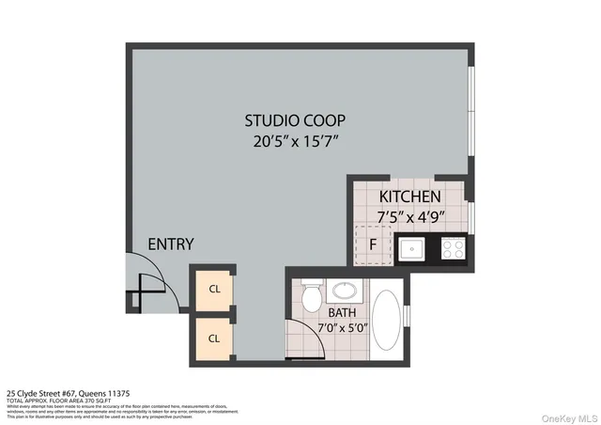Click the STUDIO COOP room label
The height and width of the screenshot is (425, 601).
pyautogui.click(x=295, y=120)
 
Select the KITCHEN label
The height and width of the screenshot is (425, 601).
pyautogui.click(x=409, y=197)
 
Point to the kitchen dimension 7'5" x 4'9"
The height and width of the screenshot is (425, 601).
pyautogui.click(x=409, y=215)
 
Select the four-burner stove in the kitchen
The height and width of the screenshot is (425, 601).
pyautogui.click(x=453, y=249)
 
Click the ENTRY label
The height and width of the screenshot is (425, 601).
pyautogui.click(x=171, y=244)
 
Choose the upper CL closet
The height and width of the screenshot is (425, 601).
pyautogui.click(x=214, y=290)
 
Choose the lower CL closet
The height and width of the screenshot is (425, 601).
pyautogui.click(x=214, y=338)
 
